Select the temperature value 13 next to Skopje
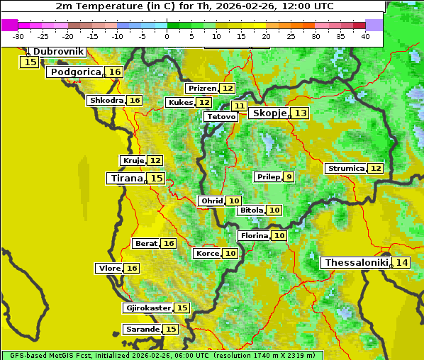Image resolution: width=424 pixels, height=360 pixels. [x=301, y=113]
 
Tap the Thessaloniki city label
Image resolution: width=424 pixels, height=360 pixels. [x=356, y=263]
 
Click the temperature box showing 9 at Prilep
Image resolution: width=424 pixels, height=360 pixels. [x=289, y=176]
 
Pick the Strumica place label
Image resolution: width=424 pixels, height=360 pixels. [x=346, y=169]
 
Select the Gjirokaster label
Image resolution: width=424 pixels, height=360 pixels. [x=147, y=308]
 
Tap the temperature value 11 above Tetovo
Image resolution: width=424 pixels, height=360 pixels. [x=239, y=106]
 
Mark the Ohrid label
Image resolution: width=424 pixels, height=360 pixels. [x=211, y=201]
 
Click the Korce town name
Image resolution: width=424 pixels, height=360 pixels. [x=207, y=254]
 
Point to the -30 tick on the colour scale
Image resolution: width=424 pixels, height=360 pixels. [x=18, y=36]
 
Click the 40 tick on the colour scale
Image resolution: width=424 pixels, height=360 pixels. [x=365, y=36]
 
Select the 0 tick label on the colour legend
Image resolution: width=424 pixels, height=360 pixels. [x=167, y=36]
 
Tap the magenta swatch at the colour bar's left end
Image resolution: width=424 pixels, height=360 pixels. [x=10, y=25]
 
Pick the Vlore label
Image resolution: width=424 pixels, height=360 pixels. [x=108, y=269]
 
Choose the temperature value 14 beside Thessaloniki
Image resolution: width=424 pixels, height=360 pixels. [x=402, y=263]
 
